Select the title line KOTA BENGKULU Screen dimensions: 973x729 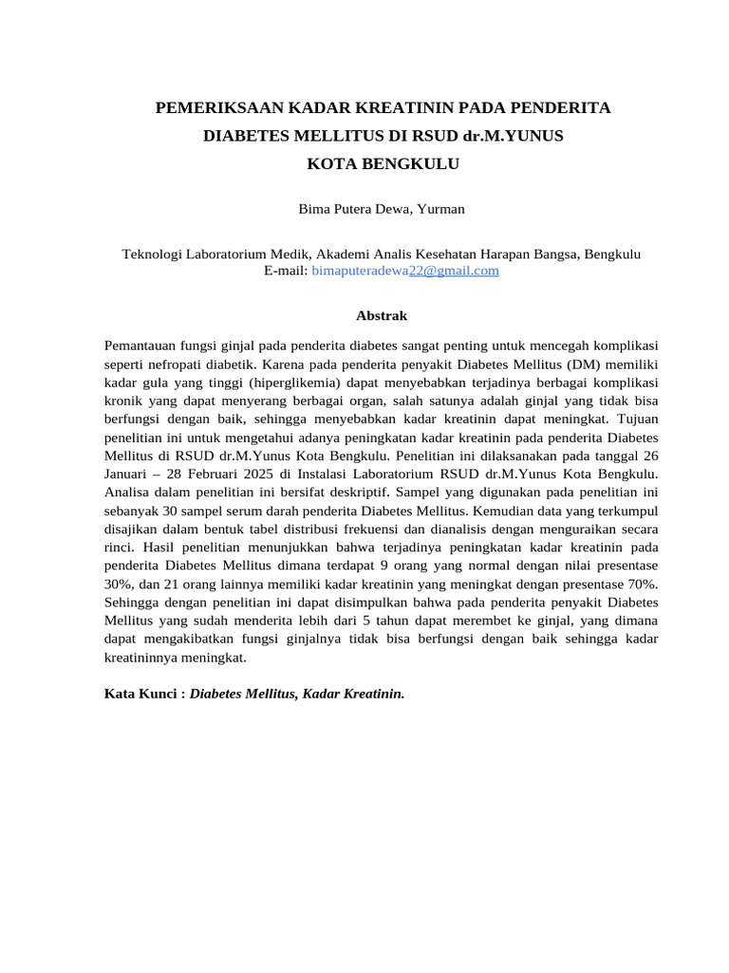(383, 163)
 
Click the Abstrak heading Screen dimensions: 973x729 (381, 315)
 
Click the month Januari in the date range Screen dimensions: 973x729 (130, 473)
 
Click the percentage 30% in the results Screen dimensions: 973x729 (118, 583)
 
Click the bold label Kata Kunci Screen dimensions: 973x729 (140, 694)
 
